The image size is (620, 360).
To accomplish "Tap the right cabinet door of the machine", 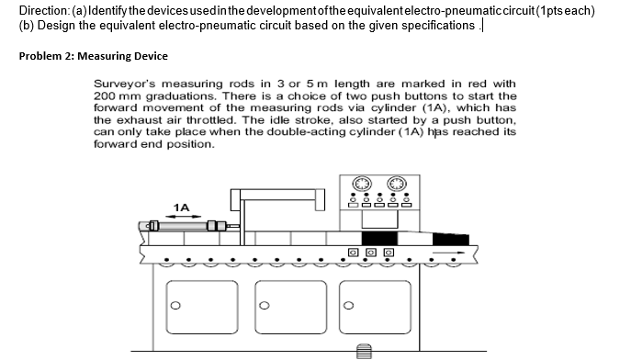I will click(377, 308).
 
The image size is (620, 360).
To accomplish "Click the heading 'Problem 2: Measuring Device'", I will click(93, 55).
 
